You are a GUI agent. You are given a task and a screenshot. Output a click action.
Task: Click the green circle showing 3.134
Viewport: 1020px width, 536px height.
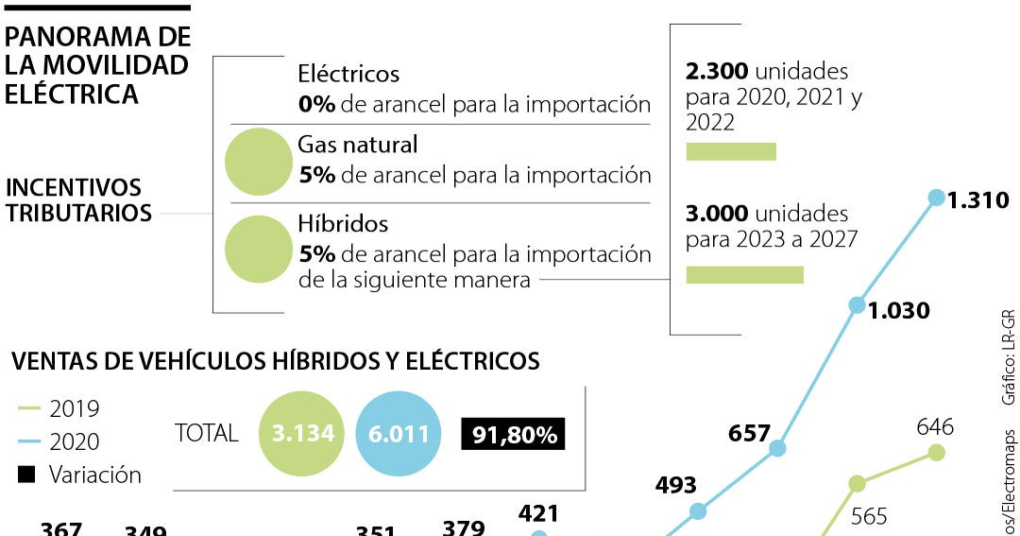tap(303, 433)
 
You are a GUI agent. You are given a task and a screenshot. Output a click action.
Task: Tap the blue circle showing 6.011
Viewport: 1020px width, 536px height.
tap(398, 433)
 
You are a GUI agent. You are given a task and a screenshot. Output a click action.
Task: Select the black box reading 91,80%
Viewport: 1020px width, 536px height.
tap(513, 434)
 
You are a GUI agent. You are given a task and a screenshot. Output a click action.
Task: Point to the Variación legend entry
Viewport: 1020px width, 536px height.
tap(80, 475)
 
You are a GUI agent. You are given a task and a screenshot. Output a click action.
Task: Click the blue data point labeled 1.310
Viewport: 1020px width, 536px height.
tap(936, 198)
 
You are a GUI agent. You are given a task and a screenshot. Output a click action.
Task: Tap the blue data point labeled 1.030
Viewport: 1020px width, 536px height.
tap(857, 305)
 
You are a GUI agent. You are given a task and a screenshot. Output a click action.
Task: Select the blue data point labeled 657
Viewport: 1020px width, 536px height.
tap(777, 448)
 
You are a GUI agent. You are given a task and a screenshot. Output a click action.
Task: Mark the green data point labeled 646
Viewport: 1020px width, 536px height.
tap(936, 453)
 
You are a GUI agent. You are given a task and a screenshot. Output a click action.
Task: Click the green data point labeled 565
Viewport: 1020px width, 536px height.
tap(857, 484)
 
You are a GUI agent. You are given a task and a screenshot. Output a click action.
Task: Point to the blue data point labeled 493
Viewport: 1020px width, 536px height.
tap(698, 511)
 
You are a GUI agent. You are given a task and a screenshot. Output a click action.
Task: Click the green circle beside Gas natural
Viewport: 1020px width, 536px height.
tap(258, 162)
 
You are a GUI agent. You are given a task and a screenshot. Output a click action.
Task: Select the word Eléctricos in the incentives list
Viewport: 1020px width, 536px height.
tap(348, 74)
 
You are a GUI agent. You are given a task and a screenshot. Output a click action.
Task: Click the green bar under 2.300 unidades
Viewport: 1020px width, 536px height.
tap(731, 151)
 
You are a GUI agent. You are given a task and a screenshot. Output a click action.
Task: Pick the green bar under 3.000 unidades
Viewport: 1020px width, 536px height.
tap(744, 274)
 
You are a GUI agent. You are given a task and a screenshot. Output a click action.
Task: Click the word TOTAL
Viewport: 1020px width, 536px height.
tap(207, 433)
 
